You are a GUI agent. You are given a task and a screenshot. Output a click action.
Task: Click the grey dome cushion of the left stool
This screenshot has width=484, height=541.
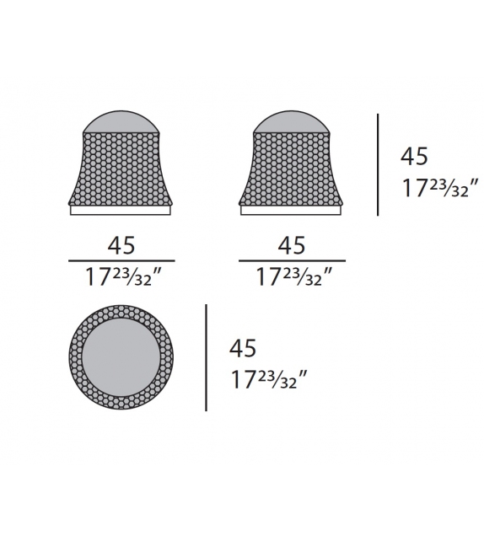click(121, 123)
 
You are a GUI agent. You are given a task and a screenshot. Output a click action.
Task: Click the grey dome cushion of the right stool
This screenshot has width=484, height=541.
click(291, 123)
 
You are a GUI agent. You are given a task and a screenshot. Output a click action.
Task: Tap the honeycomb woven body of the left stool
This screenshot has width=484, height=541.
click(121, 169)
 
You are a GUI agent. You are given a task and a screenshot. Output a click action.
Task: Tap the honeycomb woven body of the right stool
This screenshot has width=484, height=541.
click(291, 169)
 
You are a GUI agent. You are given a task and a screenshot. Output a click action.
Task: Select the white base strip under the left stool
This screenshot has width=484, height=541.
click(121, 212)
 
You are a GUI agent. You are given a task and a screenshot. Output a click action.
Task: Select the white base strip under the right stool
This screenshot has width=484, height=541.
click(292, 212)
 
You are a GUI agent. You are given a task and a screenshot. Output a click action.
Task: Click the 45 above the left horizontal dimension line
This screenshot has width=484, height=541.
click(121, 245)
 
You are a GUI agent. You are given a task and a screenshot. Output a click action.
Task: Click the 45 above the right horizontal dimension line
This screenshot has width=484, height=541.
click(292, 245)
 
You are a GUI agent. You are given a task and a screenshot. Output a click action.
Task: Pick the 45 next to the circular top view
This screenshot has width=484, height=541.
click(243, 348)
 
